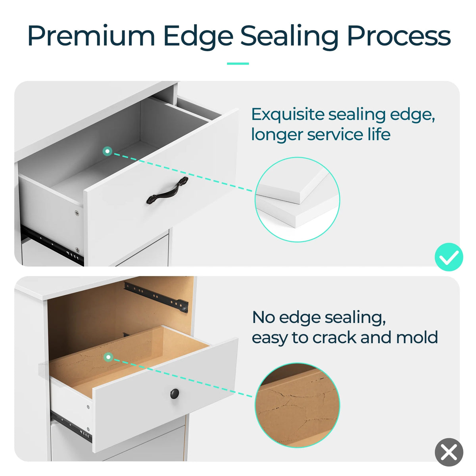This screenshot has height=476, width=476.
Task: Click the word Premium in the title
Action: [91, 36]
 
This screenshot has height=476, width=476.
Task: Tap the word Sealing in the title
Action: [290, 37]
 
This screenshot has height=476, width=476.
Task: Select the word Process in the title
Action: [399, 36]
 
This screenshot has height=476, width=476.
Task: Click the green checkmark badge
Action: [449, 257]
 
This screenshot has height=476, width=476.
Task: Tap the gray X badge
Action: [449, 452]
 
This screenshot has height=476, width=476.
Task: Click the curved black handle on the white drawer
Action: [167, 190]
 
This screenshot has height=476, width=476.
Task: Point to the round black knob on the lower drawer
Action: [175, 394]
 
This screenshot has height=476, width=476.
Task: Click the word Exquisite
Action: [288, 115]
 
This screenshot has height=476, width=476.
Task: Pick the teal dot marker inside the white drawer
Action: [107, 151]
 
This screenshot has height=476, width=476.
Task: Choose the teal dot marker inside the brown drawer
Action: [108, 357]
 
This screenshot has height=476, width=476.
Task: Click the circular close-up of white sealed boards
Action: [297, 200]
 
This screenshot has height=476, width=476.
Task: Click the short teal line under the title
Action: [238, 64]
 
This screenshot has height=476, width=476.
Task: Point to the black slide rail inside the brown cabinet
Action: [156, 297]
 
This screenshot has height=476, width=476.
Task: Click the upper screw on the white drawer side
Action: [77, 213]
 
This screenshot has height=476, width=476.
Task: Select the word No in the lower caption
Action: [263, 317]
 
